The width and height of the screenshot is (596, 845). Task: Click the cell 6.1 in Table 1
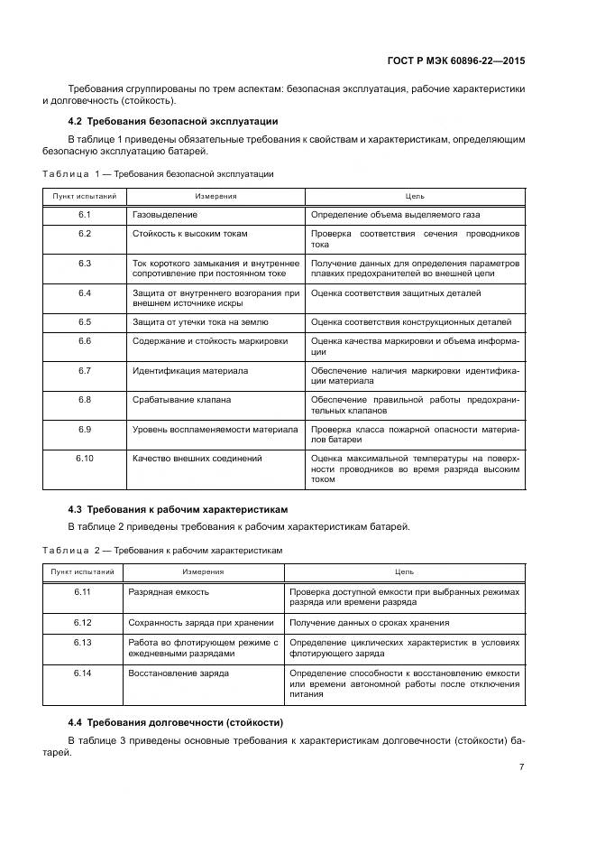click(x=85, y=215)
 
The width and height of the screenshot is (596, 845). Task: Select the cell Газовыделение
click(x=165, y=215)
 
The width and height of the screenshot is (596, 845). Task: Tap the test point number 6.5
click(x=85, y=321)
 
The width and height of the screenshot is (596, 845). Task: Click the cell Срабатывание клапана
click(x=181, y=399)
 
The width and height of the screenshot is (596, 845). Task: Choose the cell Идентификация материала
click(x=190, y=370)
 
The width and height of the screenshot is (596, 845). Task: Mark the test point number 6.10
click(x=85, y=459)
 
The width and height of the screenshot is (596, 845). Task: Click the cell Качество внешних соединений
click(x=197, y=459)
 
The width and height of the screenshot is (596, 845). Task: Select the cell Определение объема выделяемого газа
click(x=395, y=215)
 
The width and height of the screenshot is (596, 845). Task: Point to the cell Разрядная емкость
click(x=169, y=591)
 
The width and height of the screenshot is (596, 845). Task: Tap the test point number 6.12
click(x=83, y=623)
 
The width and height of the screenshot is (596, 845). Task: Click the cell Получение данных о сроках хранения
click(x=369, y=623)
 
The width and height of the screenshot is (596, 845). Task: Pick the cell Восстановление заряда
click(x=179, y=673)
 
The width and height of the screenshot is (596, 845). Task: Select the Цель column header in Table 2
click(x=405, y=571)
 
